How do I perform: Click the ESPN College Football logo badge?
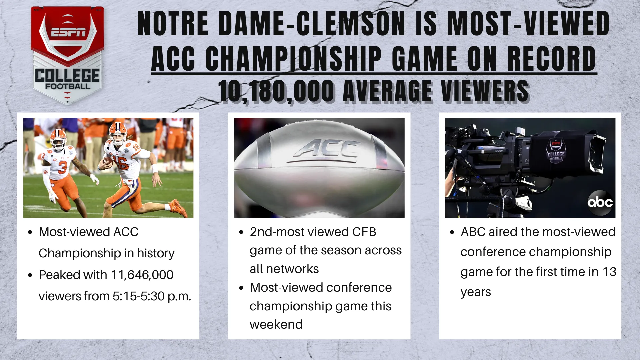[67, 55]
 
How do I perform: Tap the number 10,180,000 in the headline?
[276, 91]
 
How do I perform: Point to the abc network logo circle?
[600, 202]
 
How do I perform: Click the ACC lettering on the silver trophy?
[326, 148]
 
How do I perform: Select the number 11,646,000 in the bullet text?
[142, 275]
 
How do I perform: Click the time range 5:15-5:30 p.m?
[152, 296]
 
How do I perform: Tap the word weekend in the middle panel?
[276, 324]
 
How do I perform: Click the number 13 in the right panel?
[609, 272]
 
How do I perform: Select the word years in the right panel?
[476, 292]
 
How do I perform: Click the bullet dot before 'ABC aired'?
[452, 232]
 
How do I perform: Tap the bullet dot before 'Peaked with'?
[30, 275]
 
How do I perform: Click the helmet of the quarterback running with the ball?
[118, 132]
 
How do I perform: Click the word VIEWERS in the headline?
[485, 91]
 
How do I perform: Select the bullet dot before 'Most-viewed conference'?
[241, 288]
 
